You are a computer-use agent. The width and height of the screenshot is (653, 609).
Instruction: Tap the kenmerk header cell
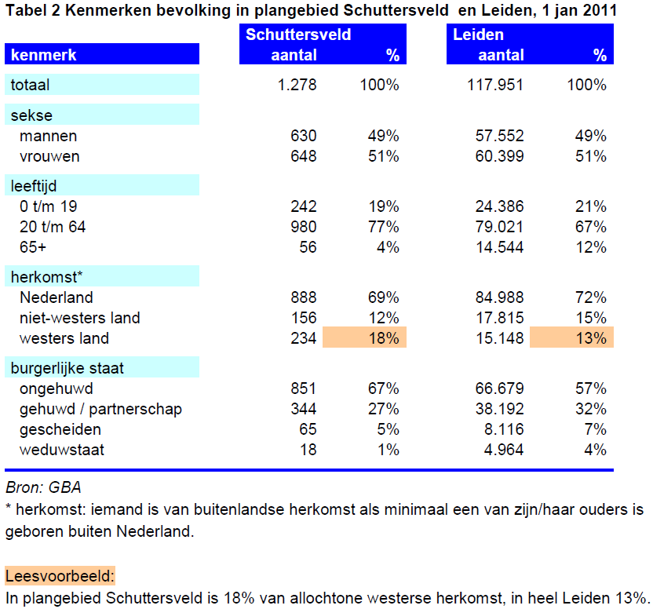tap(102, 54)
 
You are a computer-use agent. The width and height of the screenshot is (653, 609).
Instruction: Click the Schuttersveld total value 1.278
tap(297, 85)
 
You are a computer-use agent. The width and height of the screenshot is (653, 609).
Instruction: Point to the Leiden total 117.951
tap(494, 85)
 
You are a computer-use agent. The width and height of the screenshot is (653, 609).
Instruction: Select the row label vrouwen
tap(49, 157)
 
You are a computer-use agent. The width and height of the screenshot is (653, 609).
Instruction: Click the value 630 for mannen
tap(304, 136)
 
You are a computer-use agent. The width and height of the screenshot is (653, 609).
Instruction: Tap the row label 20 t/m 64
tap(53, 227)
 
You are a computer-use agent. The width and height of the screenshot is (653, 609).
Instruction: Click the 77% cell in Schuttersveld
tap(384, 227)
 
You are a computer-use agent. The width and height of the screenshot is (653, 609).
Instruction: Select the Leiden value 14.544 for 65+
tap(499, 247)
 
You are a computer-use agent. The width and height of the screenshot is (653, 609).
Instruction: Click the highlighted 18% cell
tap(364, 337)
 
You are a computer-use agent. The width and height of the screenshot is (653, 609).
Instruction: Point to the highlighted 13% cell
tap(571, 337)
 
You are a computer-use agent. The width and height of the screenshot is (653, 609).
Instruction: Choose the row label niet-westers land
tap(79, 319)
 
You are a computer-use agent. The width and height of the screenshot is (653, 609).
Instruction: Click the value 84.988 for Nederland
tap(499, 298)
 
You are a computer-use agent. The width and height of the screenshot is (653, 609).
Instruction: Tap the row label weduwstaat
tap(62, 450)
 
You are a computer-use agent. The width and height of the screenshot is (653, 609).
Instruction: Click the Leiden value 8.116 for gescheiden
tap(504, 430)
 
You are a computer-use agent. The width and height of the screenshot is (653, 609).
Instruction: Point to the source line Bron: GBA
tap(43, 487)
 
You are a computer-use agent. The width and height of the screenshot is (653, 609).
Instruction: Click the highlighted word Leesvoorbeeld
tap(60, 577)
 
